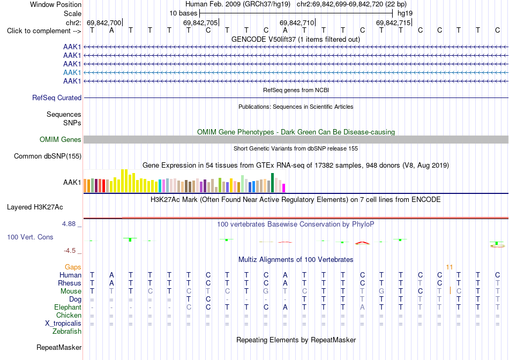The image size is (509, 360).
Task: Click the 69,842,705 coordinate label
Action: pyautogui.click(x=200, y=22)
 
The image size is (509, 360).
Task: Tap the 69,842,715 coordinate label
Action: pyautogui.click(x=393, y=22)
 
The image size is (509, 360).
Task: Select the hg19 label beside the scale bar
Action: pyautogui.click(x=405, y=13)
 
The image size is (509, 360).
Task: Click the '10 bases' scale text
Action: pyautogui.click(x=183, y=13)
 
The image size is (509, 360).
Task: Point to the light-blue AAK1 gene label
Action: pyautogui.click(x=72, y=72)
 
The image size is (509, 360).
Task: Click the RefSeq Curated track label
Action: pyautogui.click(x=57, y=97)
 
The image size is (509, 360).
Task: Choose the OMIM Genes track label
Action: pyautogui.click(x=61, y=140)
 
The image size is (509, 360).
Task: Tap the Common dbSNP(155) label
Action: pyautogui.click(x=48, y=156)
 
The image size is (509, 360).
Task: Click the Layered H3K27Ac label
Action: pyautogui.click(x=35, y=207)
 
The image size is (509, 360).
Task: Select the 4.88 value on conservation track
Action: pyautogui.click(x=69, y=224)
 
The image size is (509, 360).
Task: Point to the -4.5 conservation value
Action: pyautogui.click(x=70, y=251)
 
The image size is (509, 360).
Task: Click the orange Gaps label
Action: pyautogui.click(x=73, y=267)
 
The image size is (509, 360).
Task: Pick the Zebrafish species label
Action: pyautogui.click(x=67, y=332)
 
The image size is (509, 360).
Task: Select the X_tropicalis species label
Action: pyautogui.click(x=63, y=324)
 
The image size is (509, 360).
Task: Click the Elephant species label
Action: pyautogui.click(x=68, y=307)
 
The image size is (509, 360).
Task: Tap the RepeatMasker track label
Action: pyautogui.click(x=59, y=347)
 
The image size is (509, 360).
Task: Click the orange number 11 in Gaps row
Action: pyautogui.click(x=450, y=267)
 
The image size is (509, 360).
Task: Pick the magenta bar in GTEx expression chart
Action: pyautogui.click(x=284, y=188)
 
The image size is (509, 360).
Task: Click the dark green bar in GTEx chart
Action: pyautogui.click(x=272, y=183)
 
